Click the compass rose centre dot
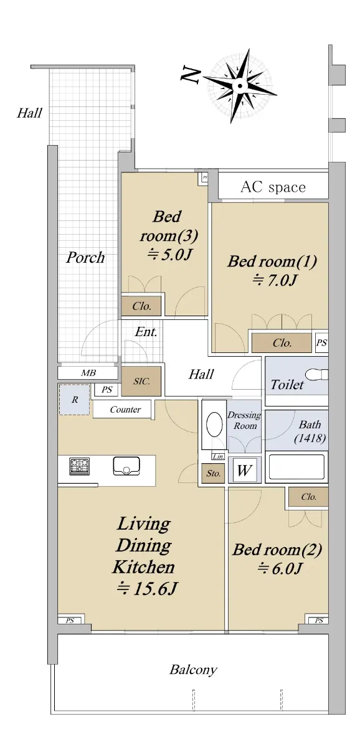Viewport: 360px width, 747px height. [x=240, y=86]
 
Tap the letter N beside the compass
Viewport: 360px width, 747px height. [x=191, y=75]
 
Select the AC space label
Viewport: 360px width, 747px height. [x=273, y=187]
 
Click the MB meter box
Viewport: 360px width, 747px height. [x=88, y=373]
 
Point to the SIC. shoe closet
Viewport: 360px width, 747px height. [x=141, y=381]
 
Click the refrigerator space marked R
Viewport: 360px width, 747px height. [x=74, y=399]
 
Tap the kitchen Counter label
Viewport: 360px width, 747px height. [x=125, y=409]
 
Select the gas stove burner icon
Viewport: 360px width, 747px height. [x=79, y=466]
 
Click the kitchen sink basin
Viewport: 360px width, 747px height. [x=126, y=466]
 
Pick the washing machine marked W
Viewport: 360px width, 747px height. [x=244, y=470]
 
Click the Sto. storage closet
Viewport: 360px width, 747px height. [x=213, y=473]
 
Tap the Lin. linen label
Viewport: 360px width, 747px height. [x=219, y=456]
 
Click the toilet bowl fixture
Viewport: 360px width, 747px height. [x=317, y=375]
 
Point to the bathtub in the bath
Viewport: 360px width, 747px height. [x=296, y=467]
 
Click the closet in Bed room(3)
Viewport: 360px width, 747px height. [x=141, y=306]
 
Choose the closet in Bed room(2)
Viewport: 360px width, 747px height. [x=308, y=497]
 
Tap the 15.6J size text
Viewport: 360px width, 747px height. [x=147, y=589]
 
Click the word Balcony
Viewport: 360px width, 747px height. [x=193, y=669]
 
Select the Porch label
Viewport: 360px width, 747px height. [x=85, y=257]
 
